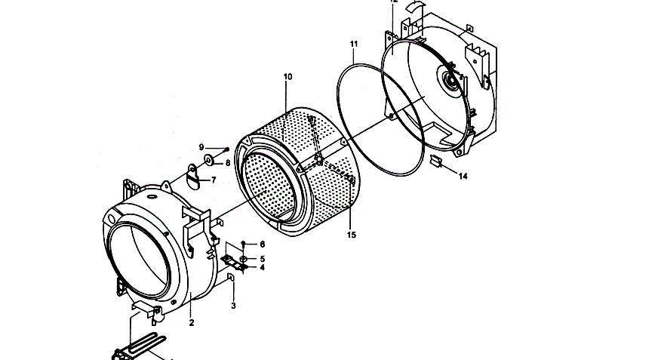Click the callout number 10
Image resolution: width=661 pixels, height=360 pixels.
(x=287, y=76)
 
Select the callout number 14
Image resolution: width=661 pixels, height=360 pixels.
(x=463, y=177)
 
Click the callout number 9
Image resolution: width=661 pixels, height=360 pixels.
(x=201, y=146)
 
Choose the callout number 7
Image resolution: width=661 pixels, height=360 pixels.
(x=214, y=180)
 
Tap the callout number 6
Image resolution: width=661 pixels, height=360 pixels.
(x=262, y=245)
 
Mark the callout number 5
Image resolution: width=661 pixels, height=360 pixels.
(x=262, y=258)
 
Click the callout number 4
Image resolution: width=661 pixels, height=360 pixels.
(x=262, y=267)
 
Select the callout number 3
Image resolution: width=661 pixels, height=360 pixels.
(x=233, y=305)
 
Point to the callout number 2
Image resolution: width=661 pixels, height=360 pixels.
(x=192, y=323)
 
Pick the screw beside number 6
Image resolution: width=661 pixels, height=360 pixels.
(x=244, y=244)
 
